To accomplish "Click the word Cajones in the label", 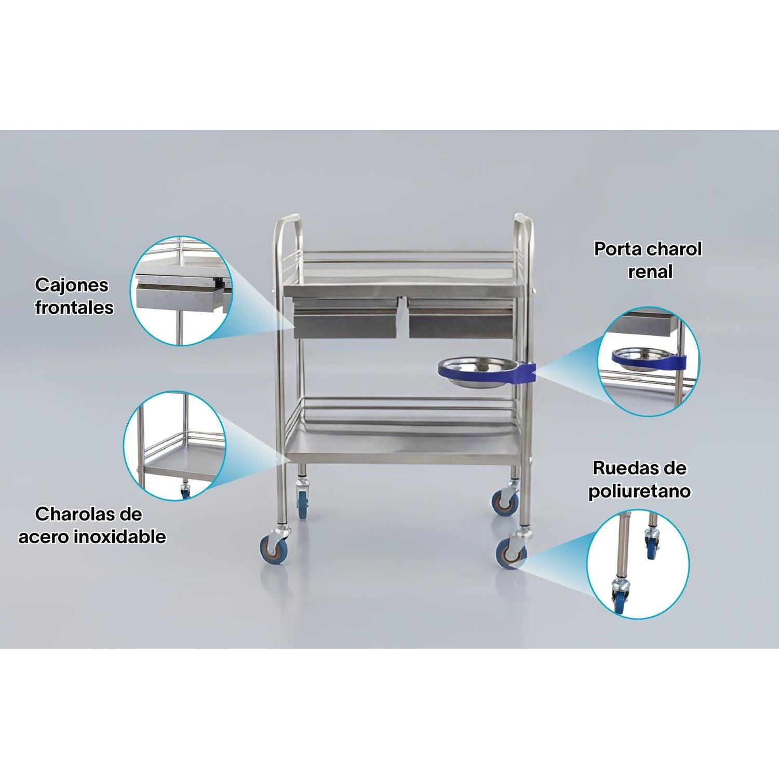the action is coord(72,285).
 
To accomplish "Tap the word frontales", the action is coord(74,307).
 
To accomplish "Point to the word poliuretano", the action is coord(640,491).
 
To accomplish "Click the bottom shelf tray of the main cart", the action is coord(405,447).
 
